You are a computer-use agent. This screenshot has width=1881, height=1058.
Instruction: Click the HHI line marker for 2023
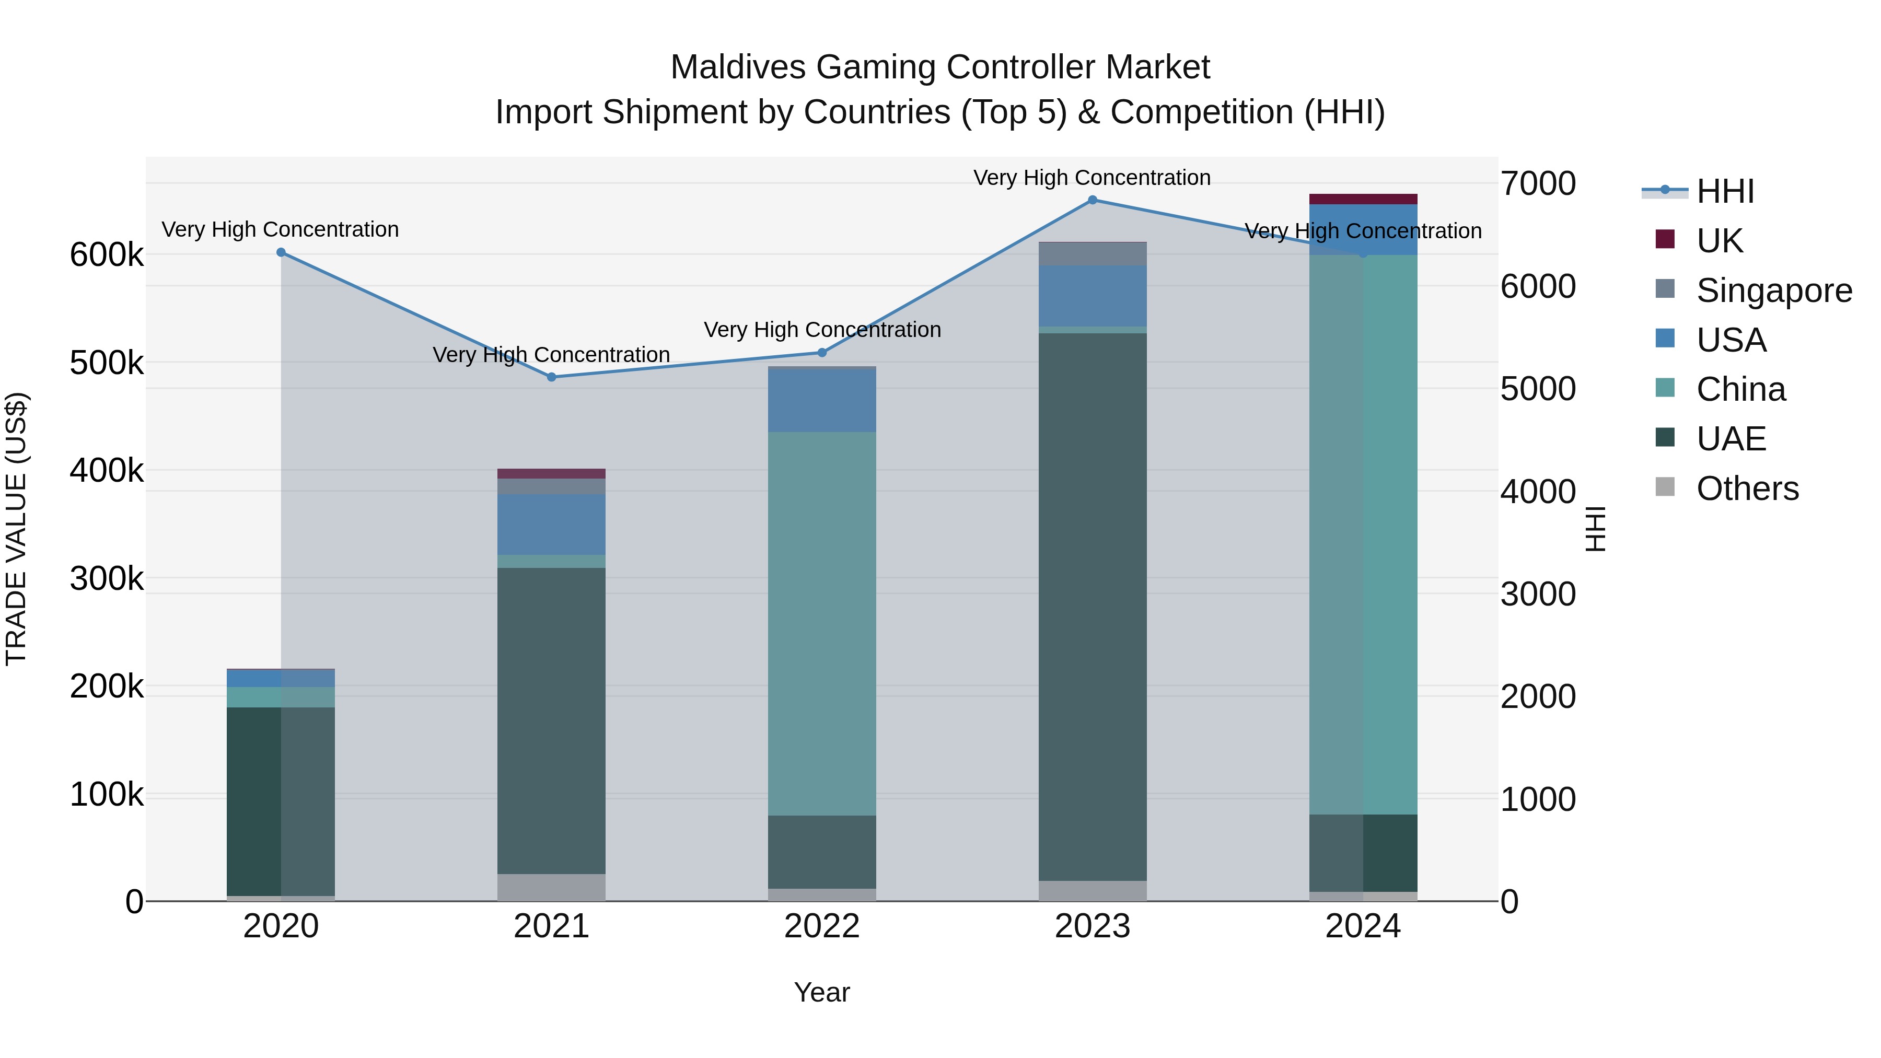point(1093,200)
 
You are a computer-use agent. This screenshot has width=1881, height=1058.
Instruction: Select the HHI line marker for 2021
point(551,378)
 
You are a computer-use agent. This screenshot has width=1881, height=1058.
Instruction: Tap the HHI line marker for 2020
point(281,253)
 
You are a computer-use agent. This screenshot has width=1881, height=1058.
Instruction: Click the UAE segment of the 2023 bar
point(1093,606)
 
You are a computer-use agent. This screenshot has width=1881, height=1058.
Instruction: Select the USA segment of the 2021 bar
point(551,524)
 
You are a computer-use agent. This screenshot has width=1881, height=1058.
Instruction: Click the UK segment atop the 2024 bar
point(1363,200)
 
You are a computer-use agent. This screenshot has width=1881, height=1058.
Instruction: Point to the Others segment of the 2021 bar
point(551,887)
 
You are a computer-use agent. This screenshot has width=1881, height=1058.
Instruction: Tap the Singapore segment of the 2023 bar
point(1093,254)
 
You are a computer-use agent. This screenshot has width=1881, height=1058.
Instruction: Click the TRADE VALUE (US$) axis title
point(16,529)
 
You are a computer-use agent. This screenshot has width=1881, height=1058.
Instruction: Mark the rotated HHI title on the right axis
point(1596,529)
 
